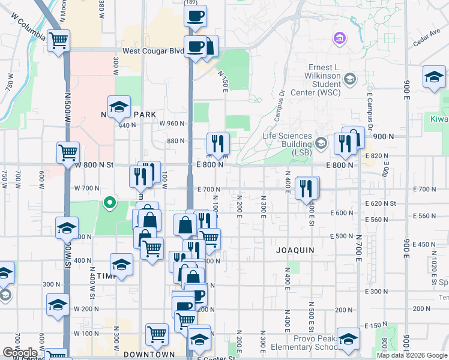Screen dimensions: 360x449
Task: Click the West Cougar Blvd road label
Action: click(153, 52)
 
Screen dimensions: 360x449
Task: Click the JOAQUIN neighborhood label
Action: click(295, 249)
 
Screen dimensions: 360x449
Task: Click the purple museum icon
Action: click(339, 40)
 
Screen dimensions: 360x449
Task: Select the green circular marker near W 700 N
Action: click(109, 203)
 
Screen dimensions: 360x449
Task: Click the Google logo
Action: click(19, 353)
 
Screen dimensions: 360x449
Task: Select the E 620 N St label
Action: click(381, 203)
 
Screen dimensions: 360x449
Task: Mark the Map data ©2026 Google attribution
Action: click(412, 355)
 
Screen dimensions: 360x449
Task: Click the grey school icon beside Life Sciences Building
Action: click(321, 143)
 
